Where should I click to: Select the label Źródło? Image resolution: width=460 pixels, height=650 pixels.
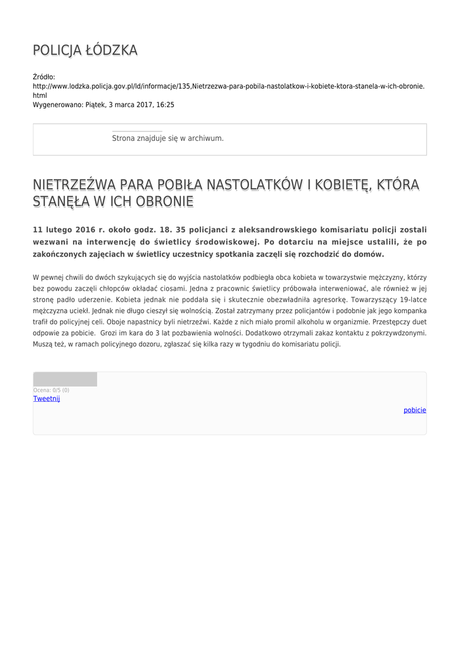click(44, 77)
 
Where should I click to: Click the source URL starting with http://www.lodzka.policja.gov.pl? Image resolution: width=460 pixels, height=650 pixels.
click(228, 86)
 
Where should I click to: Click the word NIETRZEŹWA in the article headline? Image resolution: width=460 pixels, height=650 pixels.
click(74, 185)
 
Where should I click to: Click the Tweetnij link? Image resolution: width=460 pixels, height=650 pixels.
click(46, 399)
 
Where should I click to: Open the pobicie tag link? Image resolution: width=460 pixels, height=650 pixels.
click(415, 410)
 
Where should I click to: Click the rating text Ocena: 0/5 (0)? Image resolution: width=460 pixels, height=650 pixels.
click(51, 390)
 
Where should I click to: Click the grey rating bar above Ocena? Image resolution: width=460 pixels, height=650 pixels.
click(65, 380)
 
